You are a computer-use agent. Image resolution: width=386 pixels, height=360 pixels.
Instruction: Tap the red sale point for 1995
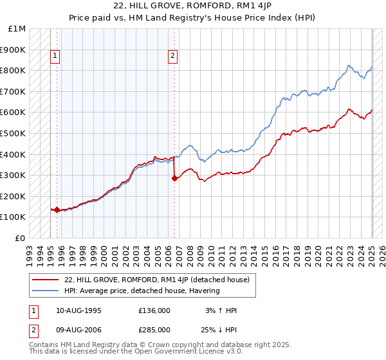click(57, 210)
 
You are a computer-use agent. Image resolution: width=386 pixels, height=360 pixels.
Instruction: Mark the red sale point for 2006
click(174, 179)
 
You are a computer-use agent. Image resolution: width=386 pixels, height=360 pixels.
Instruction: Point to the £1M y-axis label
click(17, 29)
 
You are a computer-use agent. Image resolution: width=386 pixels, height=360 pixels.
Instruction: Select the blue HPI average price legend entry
click(142, 291)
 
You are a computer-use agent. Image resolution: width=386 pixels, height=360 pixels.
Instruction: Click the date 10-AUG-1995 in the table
click(78, 310)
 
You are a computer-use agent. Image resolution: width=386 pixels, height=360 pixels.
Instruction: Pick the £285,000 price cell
click(154, 330)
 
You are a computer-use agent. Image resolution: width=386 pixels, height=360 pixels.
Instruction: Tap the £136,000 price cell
click(154, 310)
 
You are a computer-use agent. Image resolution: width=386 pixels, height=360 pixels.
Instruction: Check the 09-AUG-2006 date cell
click(78, 330)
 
